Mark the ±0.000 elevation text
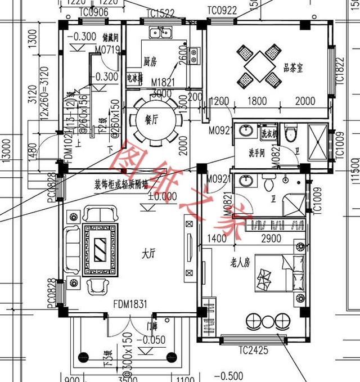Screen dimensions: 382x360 (x=147, y=197)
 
